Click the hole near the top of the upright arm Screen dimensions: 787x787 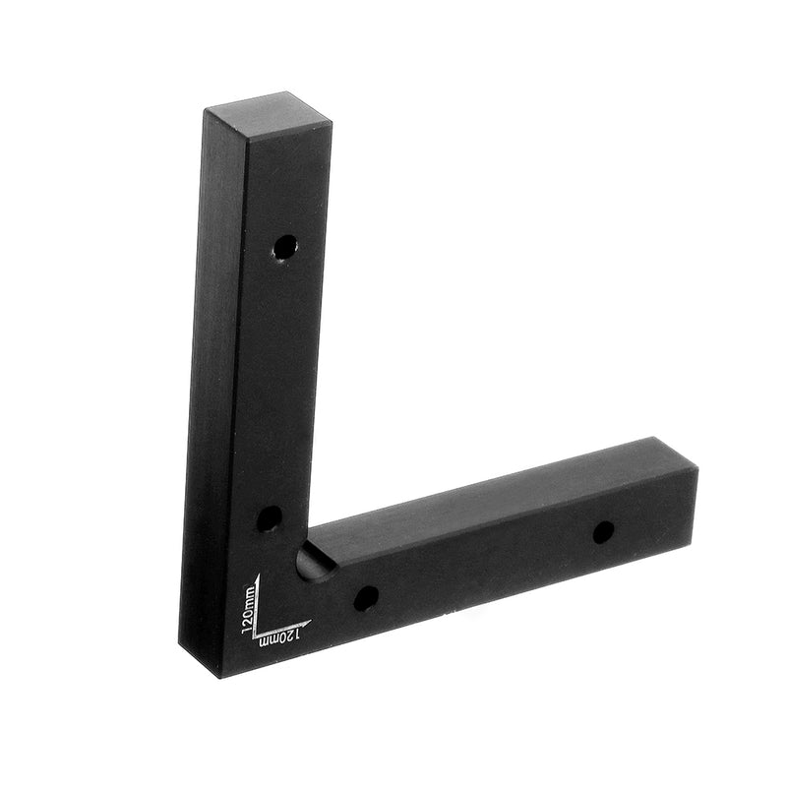click(x=284, y=246)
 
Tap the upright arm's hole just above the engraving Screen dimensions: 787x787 click(x=269, y=517)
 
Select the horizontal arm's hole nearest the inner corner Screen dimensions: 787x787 click(x=365, y=596)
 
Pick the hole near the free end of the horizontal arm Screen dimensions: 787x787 click(x=603, y=532)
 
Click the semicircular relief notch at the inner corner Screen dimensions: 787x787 click(x=313, y=563)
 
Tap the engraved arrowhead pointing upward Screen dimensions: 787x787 click(x=257, y=578)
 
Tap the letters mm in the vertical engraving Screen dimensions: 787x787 click(x=249, y=594)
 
